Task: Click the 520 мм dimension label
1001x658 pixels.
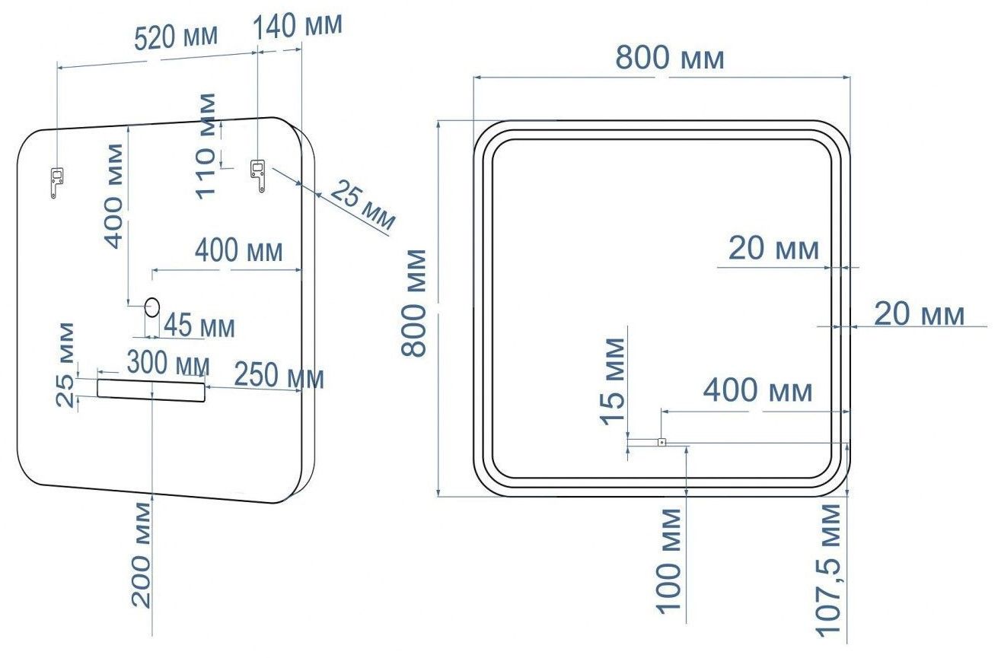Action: pyautogui.click(x=176, y=37)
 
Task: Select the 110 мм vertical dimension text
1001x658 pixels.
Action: pyautogui.click(x=206, y=146)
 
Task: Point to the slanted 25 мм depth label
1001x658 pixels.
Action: pyautogui.click(x=363, y=204)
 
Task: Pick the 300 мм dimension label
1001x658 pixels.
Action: pyautogui.click(x=168, y=363)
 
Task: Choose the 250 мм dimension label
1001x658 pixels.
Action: pyautogui.click(x=279, y=376)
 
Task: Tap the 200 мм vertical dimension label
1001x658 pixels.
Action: pyautogui.click(x=142, y=555)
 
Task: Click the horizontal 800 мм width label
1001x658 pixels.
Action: pyautogui.click(x=669, y=58)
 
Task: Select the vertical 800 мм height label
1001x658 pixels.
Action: pyautogui.click(x=413, y=304)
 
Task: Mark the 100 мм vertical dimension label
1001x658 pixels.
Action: pyautogui.click(x=668, y=561)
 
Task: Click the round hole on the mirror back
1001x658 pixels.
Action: pyautogui.click(x=152, y=307)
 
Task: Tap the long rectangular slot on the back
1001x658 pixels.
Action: pyautogui.click(x=151, y=390)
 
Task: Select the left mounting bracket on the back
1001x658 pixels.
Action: pyautogui.click(x=56, y=183)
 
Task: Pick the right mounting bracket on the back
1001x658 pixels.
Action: pyautogui.click(x=258, y=176)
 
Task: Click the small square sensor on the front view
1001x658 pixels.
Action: pyautogui.click(x=661, y=442)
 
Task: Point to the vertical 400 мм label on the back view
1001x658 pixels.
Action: pyautogui.click(x=113, y=195)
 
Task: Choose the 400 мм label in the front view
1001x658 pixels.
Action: pyautogui.click(x=758, y=390)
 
